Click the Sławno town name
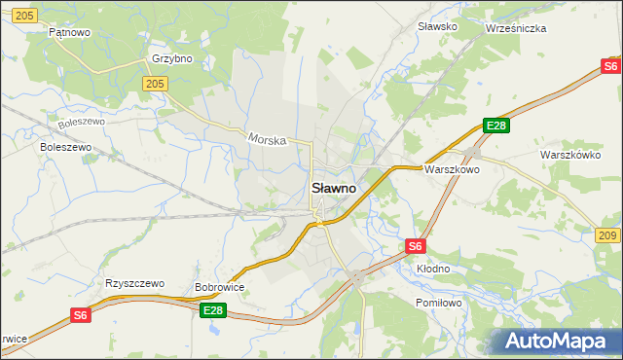tap(333, 188)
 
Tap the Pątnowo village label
tap(70, 32)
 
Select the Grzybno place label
tap(172, 58)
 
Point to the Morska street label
tap(267, 139)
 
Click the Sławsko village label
tap(437, 26)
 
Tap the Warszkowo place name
tap(452, 168)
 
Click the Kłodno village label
tap(433, 268)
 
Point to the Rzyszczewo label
tap(131, 284)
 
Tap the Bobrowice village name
tap(219, 288)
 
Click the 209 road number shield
tap(607, 236)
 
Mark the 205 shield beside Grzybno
tap(153, 85)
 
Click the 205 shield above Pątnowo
tap(26, 15)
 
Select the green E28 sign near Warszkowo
tap(496, 126)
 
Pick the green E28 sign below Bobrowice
tap(214, 309)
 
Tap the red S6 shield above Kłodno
tap(416, 247)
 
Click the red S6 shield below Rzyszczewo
tap(81, 315)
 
